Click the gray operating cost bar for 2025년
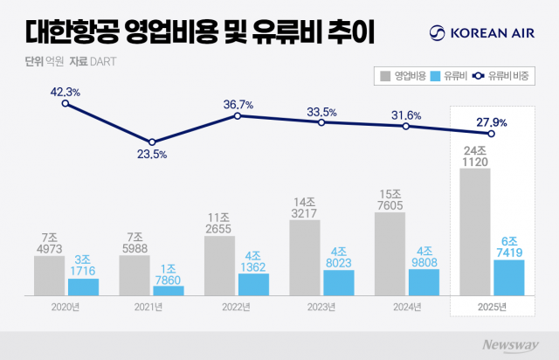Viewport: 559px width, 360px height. coord(474,232)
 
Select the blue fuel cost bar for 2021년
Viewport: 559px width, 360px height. coord(169,290)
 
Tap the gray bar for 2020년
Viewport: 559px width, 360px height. coord(50,275)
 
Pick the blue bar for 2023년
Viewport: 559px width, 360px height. coord(338,282)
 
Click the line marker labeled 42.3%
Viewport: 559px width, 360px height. coord(66,104)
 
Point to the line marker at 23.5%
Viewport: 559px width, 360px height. coord(152,142)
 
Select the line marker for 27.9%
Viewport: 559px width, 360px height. coord(492,134)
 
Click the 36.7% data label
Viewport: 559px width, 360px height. coord(238,104)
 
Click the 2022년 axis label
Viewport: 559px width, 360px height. coord(237,307)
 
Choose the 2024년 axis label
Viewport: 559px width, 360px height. coord(407,307)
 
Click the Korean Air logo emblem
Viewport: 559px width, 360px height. coord(437,34)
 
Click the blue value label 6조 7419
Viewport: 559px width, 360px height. coord(508,246)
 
